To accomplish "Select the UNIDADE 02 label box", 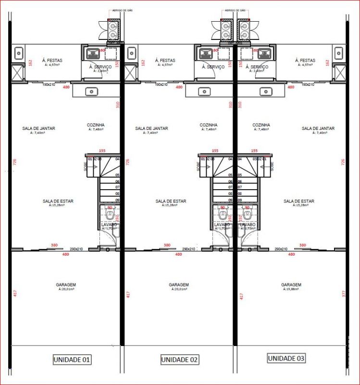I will click(x=179, y=359).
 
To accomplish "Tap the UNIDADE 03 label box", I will click(x=286, y=359).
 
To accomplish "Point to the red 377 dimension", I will click(x=343, y=294).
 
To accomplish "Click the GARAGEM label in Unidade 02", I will click(x=179, y=285).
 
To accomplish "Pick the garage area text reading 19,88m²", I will click(x=291, y=290).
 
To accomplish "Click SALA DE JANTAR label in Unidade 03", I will click(x=318, y=128).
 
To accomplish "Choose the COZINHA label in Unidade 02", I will click(x=209, y=125).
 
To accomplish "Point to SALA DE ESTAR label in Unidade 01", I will click(x=58, y=201).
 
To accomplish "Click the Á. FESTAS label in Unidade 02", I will click(x=165, y=61).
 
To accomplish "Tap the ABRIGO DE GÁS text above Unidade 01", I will click(x=119, y=9).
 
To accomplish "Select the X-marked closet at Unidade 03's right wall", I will click(x=340, y=73).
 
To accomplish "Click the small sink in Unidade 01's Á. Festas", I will click(x=18, y=51).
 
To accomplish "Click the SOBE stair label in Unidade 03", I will click(x=272, y=166).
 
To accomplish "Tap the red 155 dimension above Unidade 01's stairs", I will click(x=102, y=151).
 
